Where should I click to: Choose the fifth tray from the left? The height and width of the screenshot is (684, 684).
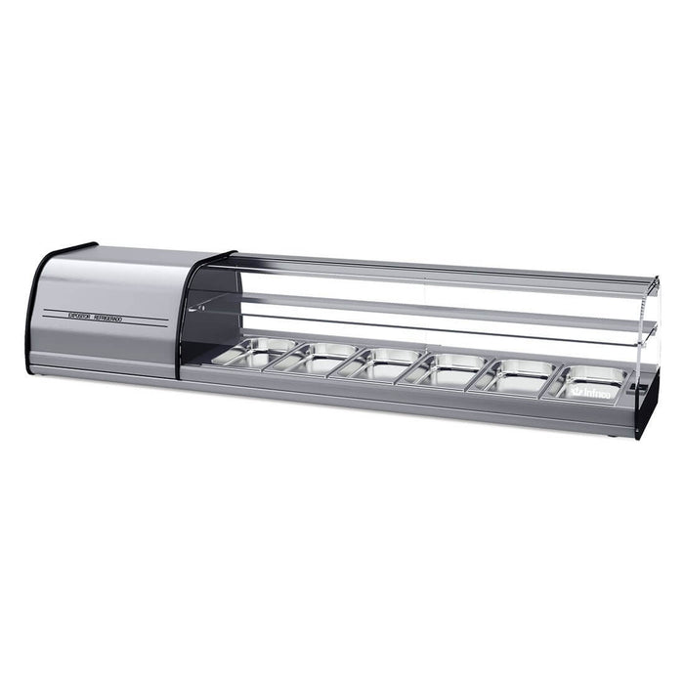[x=517, y=374]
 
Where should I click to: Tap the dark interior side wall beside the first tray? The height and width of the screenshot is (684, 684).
[x=201, y=332]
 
